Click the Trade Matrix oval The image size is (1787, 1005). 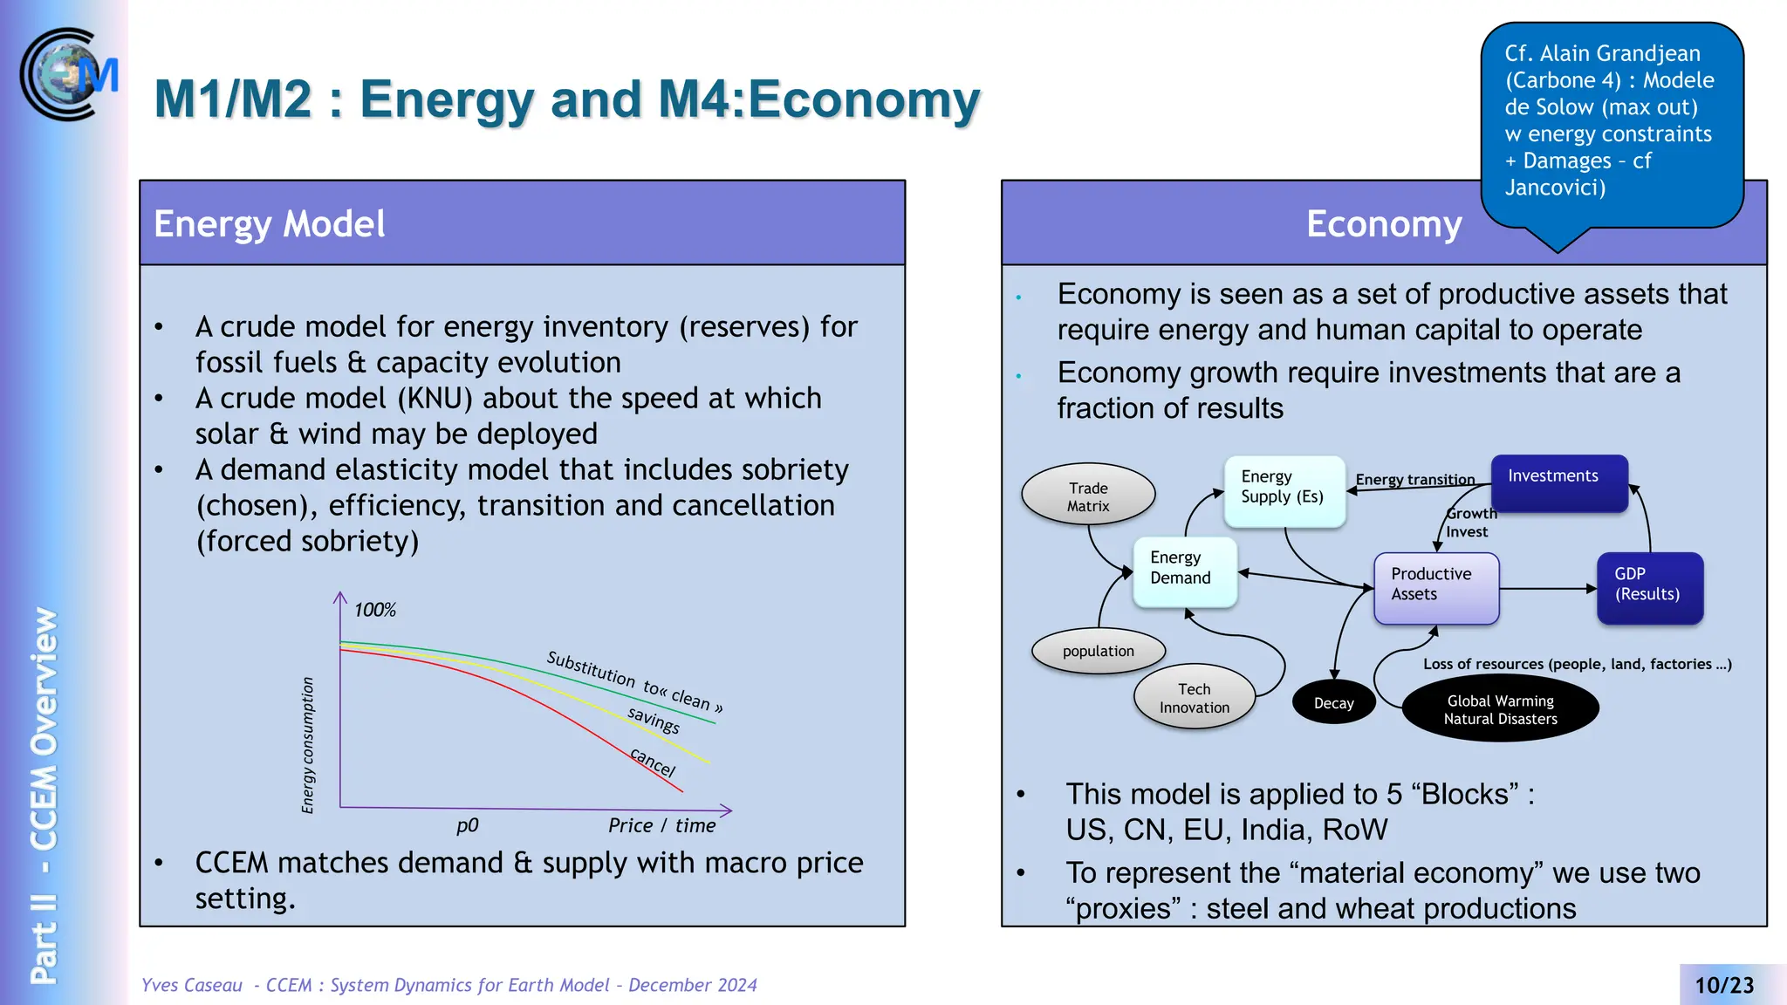pos(1088,495)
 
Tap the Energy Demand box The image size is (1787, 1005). pos(1184,571)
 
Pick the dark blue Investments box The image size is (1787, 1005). pos(1558,482)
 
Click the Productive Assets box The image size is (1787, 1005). pos(1435,587)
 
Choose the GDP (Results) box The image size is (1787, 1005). pos(1649,587)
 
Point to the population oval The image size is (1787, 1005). pos(1098,651)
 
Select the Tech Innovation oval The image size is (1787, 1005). pos(1194,698)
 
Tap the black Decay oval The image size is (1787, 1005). pos(1333,703)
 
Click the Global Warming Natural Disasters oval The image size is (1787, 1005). pos(1500,710)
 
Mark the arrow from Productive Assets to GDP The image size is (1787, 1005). pos(1548,589)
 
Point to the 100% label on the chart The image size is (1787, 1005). pos(374,610)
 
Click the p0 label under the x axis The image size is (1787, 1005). pos(467,825)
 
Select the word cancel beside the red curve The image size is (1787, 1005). pos(653,762)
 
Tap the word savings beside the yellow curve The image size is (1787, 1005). pos(654,721)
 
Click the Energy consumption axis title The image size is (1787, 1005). pos(307,745)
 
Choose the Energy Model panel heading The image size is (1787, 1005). pos(270,224)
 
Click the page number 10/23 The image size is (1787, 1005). pos(1724,985)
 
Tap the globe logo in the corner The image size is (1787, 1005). pos(66,75)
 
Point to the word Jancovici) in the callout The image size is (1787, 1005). pos(1555,188)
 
